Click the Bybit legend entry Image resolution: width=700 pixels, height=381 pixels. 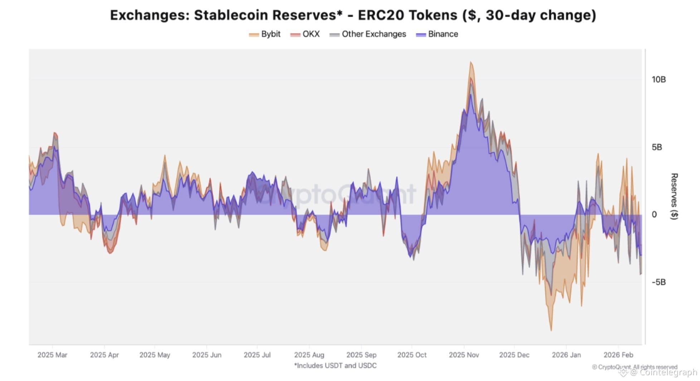click(265, 34)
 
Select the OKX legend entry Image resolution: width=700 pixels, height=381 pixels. click(305, 34)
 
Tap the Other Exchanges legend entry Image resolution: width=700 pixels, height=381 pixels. click(368, 34)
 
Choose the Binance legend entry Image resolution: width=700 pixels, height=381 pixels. click(437, 34)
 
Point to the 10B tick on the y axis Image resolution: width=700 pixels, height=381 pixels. click(658, 79)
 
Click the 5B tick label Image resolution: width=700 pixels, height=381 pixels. click(657, 147)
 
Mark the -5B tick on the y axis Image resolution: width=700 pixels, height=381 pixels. click(658, 282)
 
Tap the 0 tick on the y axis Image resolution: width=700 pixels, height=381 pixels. click(654, 214)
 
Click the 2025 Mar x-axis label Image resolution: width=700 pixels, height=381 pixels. click(52, 355)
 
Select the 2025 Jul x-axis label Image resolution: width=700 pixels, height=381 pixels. click(257, 355)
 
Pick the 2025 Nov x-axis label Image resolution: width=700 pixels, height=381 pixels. click(464, 355)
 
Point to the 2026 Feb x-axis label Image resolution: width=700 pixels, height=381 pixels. click(618, 355)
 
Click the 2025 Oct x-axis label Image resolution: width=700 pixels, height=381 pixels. click(412, 355)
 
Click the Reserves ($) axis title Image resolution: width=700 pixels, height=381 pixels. click(674, 196)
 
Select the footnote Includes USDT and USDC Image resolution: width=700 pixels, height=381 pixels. click(335, 366)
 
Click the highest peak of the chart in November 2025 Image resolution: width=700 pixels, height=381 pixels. click(471, 62)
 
